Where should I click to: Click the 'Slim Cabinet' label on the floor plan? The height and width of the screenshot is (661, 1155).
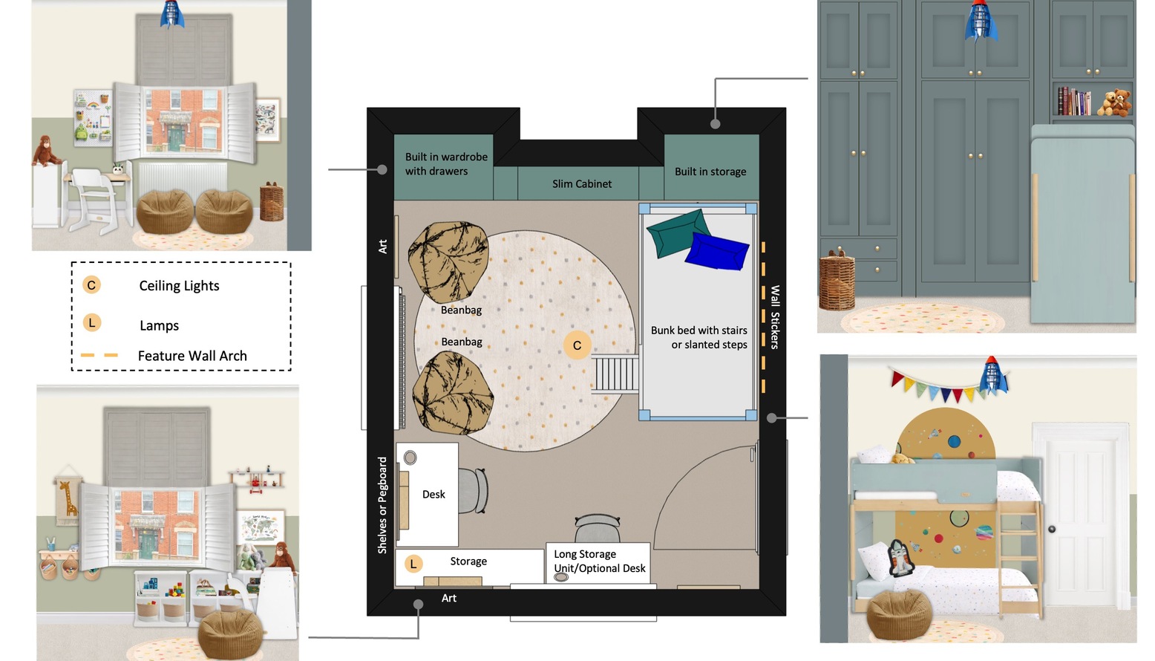[x=582, y=183]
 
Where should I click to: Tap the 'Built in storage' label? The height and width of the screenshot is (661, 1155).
[x=710, y=172]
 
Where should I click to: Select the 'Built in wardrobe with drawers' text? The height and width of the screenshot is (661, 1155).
[x=446, y=163]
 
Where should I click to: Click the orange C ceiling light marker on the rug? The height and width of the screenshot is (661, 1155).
[x=577, y=345]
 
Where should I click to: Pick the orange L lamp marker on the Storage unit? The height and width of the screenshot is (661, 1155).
[x=413, y=564]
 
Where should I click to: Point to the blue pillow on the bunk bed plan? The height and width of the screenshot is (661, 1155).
[x=717, y=251]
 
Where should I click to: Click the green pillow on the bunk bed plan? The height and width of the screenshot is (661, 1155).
[x=678, y=232]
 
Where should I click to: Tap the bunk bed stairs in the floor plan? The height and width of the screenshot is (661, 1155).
[x=615, y=374]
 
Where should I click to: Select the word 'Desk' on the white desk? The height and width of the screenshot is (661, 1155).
[x=433, y=495]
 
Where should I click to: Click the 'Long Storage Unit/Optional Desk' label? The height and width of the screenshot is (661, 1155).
[x=600, y=561]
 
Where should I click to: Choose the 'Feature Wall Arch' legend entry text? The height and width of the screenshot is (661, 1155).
[x=192, y=356]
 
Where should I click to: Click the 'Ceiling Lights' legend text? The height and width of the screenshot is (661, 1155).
[x=179, y=285]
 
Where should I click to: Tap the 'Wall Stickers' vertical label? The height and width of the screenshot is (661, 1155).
[x=774, y=317]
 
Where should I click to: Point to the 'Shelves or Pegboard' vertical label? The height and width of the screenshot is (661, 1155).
[x=382, y=505]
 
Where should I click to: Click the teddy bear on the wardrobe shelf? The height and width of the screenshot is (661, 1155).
[x=1114, y=102]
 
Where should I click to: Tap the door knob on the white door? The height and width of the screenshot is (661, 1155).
[x=1052, y=529]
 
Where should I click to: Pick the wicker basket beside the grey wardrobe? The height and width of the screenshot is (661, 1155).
[x=837, y=280]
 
